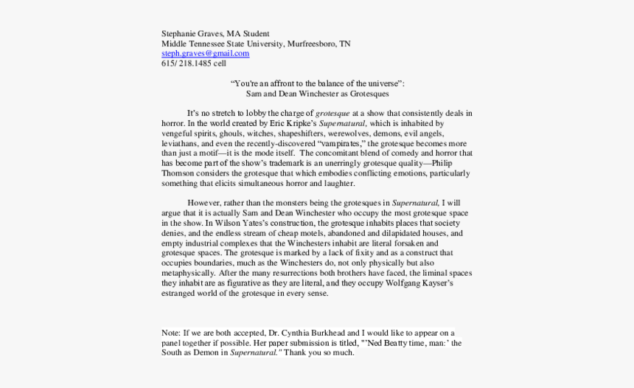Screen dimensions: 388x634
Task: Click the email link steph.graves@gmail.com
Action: tap(206, 54)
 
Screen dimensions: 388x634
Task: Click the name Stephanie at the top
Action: tap(179, 33)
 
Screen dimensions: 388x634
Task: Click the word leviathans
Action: tap(180, 143)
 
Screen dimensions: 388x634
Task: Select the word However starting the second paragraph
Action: tap(204, 202)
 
